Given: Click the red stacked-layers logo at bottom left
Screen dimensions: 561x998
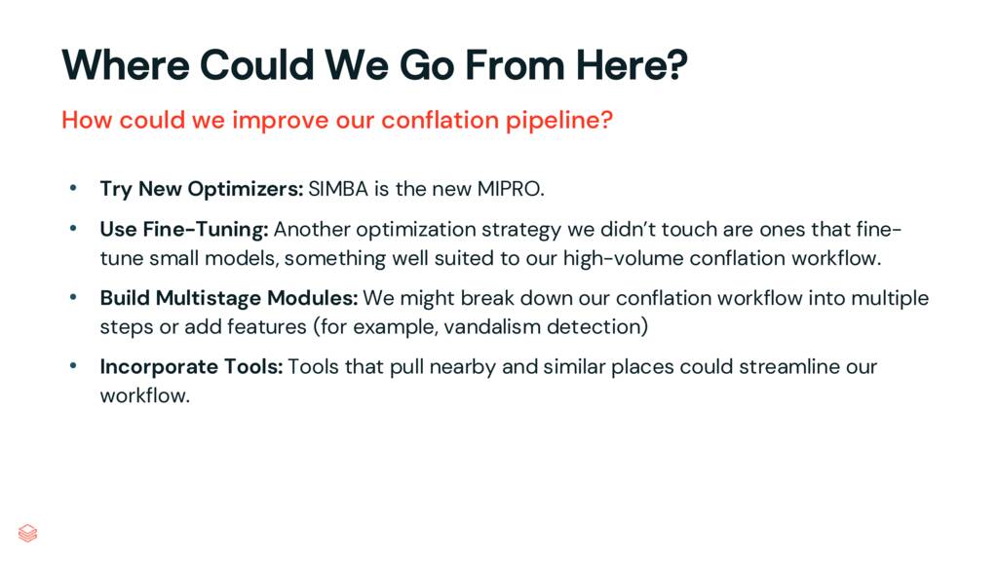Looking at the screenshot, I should tap(27, 532).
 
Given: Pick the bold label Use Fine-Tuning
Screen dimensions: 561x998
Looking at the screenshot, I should tap(183, 230).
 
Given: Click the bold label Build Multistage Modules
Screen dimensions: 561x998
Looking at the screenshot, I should tap(228, 297).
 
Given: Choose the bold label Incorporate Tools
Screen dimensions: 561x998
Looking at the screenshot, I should tap(191, 367).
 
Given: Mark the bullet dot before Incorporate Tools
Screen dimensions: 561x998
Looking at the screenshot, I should tap(72, 367).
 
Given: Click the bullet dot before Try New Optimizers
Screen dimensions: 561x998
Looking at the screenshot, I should tap(72, 188).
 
